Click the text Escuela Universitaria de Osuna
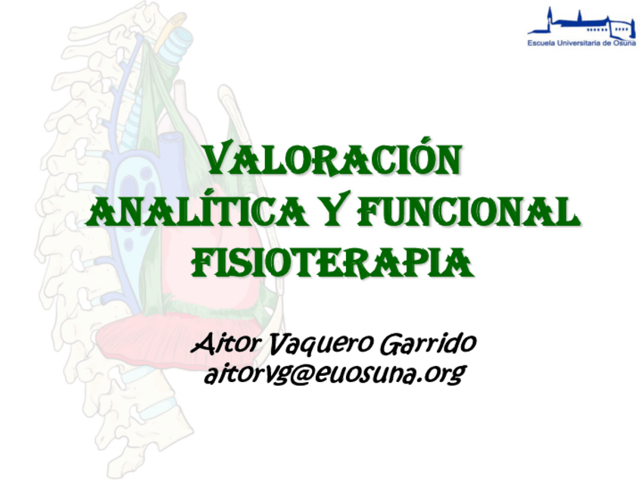tap(581, 44)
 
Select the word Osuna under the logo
tap(625, 44)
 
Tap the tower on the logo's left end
tap(550, 19)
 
